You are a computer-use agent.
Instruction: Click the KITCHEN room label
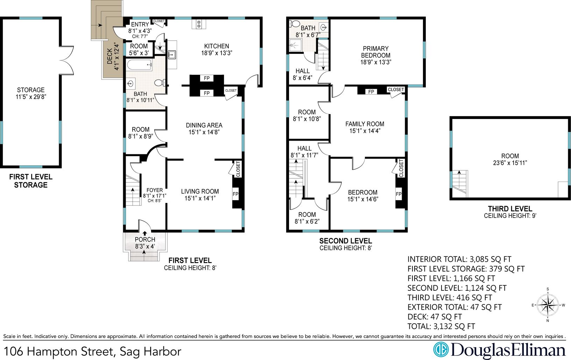point(217,46)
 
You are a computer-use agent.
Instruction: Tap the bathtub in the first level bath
point(140,65)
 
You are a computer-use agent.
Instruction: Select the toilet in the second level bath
point(295,24)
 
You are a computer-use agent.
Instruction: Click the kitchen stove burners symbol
point(199,24)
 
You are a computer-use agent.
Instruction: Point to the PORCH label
point(145,239)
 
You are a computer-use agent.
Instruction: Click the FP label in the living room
point(235,194)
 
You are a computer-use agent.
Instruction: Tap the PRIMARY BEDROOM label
point(376,52)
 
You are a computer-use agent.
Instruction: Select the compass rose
point(548,305)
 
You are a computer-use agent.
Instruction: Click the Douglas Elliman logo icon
point(441,350)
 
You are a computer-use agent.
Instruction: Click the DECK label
point(110,56)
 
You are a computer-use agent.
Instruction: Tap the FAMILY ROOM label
point(365,124)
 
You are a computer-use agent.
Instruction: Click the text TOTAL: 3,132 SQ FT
point(441,326)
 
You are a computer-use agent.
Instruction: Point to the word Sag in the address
point(130,352)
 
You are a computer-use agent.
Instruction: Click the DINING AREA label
point(204,125)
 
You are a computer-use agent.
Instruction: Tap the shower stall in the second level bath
point(296,45)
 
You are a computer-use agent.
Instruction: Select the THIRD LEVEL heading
point(510,209)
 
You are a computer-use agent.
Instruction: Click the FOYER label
point(155,190)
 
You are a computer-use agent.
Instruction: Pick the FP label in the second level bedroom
point(399,194)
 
